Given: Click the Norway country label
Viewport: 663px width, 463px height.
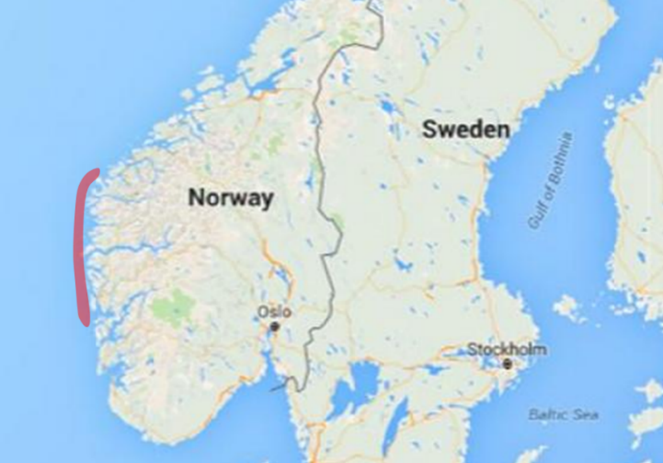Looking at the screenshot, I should pos(230,197).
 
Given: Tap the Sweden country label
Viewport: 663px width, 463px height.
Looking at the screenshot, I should pos(465,130).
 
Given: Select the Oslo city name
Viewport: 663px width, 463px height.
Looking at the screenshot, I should pos(275,311).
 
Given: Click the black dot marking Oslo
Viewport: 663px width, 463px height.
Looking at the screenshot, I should pos(274,326).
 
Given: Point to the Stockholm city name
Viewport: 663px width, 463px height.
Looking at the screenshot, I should pos(507,349).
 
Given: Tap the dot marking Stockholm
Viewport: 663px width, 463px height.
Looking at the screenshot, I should pos(507,364).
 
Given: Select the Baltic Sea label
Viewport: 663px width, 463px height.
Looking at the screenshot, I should pos(564,415).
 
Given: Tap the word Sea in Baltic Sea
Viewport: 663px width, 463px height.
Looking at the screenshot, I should pos(586,415).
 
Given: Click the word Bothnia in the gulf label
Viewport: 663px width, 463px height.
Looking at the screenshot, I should pos(560,160).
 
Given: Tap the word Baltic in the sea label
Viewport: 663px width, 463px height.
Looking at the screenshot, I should pos(549,415).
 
